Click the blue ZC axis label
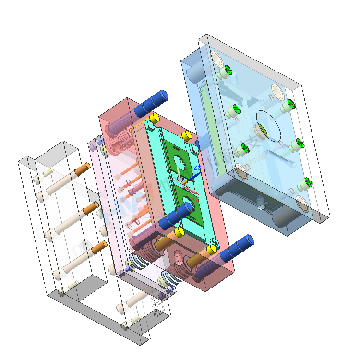coord(197,168)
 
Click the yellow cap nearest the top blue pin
coord(154,118)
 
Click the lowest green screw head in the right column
coord(308,182)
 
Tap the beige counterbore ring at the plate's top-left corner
coord(216,59)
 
